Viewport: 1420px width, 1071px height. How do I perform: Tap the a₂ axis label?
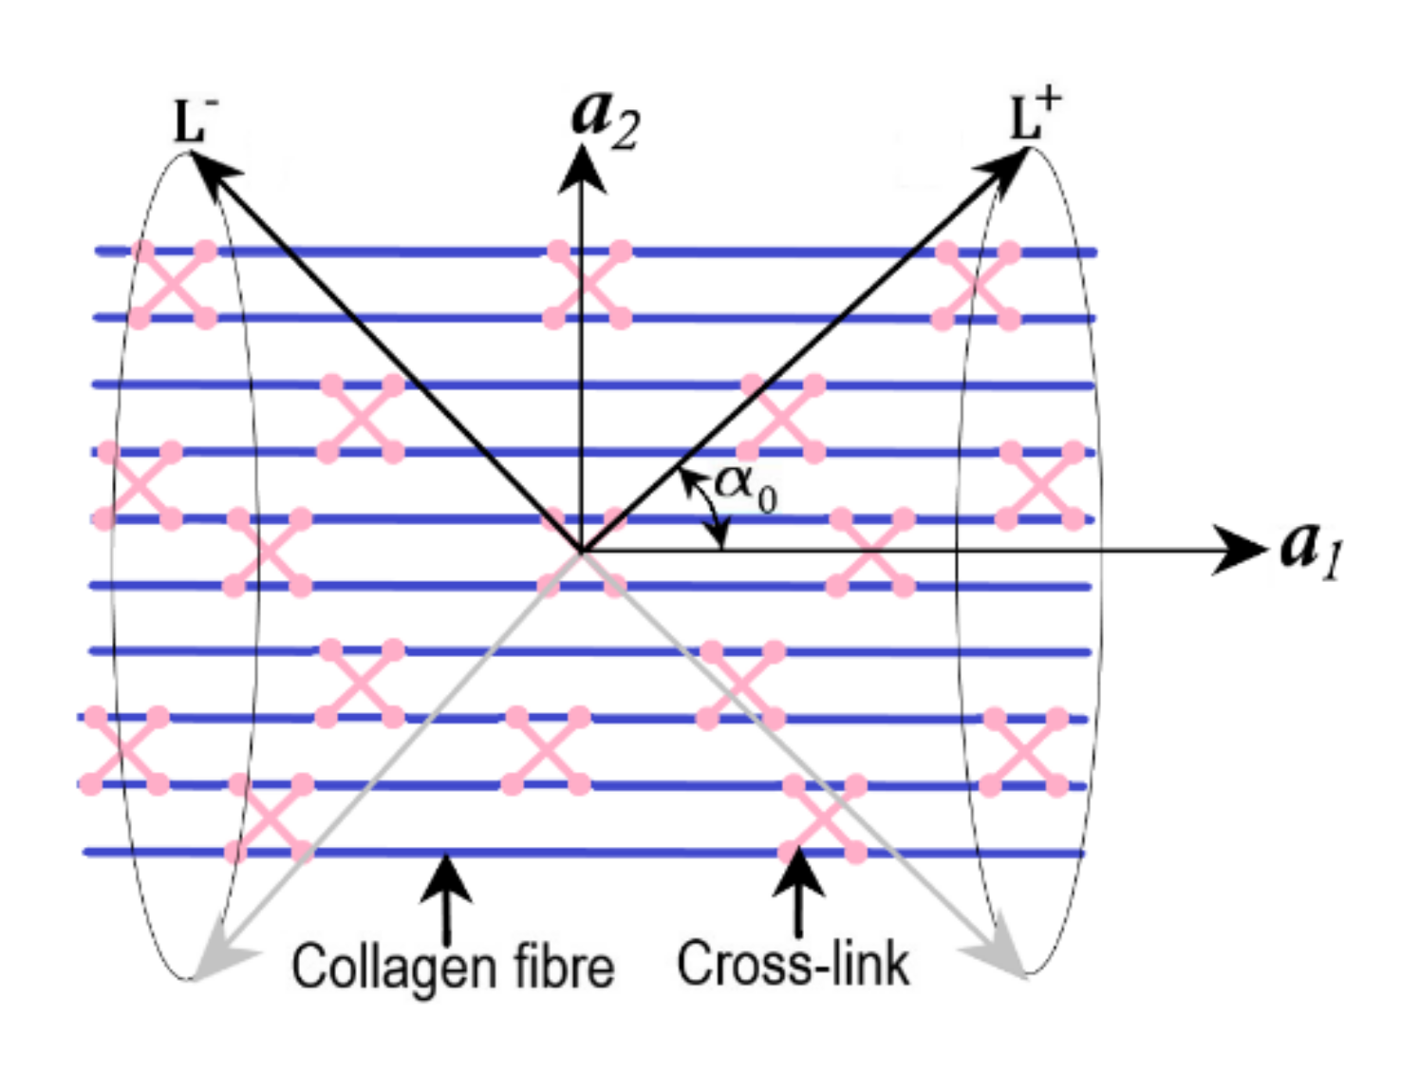click(x=605, y=118)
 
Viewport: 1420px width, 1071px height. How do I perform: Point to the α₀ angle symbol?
click(x=746, y=484)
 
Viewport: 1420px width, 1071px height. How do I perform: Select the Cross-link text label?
click(x=793, y=964)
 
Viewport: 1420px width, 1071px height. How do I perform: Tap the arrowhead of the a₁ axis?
click(x=1240, y=551)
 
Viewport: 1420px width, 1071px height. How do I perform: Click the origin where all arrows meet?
click(x=582, y=551)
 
